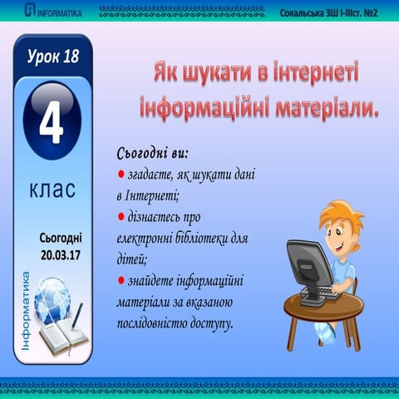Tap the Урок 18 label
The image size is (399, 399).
(52, 56)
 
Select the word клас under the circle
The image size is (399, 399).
(52, 190)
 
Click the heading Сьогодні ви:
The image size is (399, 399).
(154, 154)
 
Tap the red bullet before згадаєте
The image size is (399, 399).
(121, 174)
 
